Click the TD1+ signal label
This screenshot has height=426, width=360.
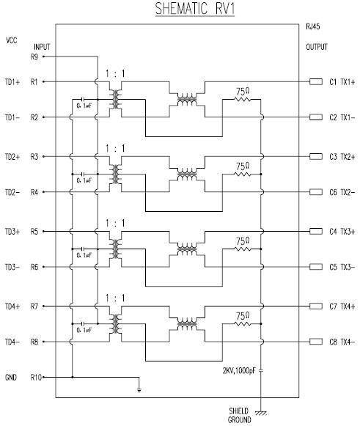14,81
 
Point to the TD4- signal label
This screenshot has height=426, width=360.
14,342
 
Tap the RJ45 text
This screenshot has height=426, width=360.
314,27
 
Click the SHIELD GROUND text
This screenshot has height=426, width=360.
238,416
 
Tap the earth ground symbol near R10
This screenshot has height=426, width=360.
139,389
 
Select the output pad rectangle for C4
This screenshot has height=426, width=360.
317,232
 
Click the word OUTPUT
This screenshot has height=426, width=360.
317,47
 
